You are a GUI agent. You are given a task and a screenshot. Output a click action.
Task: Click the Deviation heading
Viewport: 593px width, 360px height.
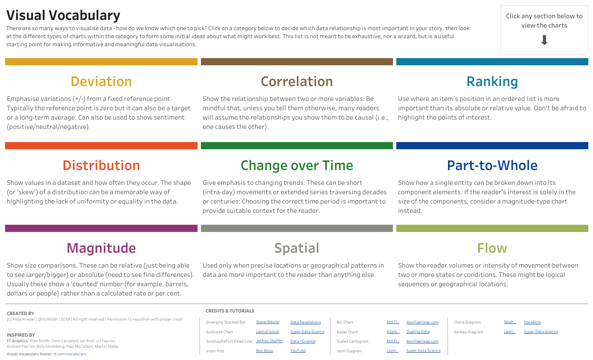click(101, 81)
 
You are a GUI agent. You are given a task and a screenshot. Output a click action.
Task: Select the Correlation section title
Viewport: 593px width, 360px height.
click(297, 81)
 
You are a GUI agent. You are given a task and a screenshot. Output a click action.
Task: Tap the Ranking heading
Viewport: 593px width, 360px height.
click(492, 81)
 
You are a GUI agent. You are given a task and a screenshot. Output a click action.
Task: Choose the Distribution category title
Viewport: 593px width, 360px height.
click(101, 165)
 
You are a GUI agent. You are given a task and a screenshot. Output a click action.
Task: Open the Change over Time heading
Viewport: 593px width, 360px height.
click(297, 165)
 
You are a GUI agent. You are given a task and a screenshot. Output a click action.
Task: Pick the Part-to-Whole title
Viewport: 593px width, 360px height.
click(492, 165)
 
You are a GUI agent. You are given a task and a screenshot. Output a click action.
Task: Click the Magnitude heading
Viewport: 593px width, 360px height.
click(101, 248)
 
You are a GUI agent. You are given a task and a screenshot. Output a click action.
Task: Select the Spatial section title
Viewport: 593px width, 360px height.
click(297, 248)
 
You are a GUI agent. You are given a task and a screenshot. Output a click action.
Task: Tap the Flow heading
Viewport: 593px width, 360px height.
click(492, 248)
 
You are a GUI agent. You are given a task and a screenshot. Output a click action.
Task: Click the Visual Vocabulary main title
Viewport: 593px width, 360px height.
click(63, 16)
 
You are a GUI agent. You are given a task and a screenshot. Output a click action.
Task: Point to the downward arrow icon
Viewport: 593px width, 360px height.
click(545, 40)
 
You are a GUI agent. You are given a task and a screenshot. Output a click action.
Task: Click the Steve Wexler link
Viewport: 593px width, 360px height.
click(267, 322)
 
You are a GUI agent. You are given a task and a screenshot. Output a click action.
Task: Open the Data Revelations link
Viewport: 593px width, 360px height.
click(306, 323)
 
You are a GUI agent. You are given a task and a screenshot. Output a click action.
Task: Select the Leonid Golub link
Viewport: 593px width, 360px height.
click(267, 332)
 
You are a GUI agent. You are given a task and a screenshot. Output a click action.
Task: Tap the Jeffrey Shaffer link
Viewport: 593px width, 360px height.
click(269, 341)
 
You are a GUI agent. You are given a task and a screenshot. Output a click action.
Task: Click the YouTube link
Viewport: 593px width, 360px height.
click(298, 351)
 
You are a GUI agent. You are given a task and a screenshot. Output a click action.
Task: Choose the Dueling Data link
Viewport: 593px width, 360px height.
click(418, 332)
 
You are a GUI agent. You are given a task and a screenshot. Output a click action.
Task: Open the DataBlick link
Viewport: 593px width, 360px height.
click(532, 323)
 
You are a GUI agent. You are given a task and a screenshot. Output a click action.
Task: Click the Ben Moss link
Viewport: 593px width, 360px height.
click(264, 351)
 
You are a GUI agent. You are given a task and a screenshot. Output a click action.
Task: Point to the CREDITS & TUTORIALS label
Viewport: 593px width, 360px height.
click(230, 311)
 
